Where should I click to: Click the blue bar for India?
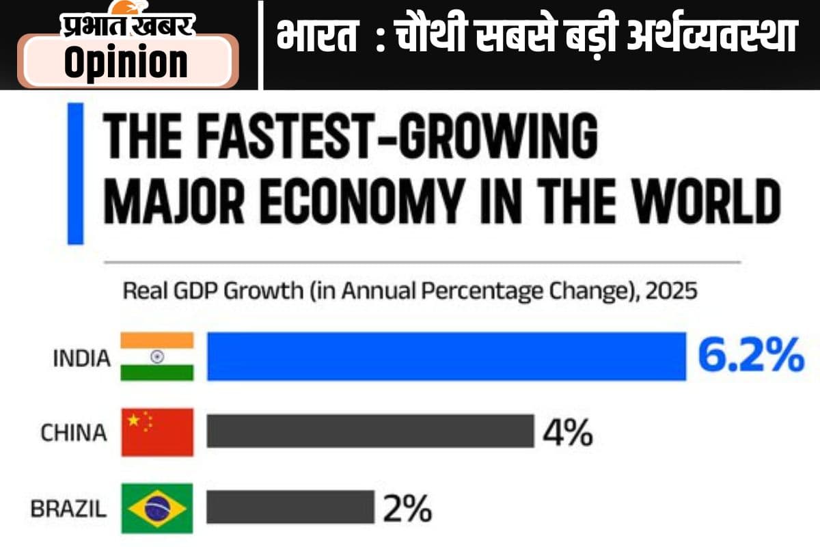(x=446, y=356)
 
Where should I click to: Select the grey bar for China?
(x=370, y=432)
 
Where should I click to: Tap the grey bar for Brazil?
(x=290, y=507)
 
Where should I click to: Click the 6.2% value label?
(x=750, y=356)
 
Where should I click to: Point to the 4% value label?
(x=567, y=433)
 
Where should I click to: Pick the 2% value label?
(x=407, y=508)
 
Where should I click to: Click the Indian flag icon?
(x=157, y=356)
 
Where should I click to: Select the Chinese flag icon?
(x=157, y=432)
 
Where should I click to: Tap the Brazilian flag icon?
(x=157, y=508)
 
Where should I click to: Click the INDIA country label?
(x=81, y=358)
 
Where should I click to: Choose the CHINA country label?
(x=74, y=433)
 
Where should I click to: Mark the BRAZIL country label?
(x=68, y=509)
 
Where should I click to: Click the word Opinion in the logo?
(x=126, y=62)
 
